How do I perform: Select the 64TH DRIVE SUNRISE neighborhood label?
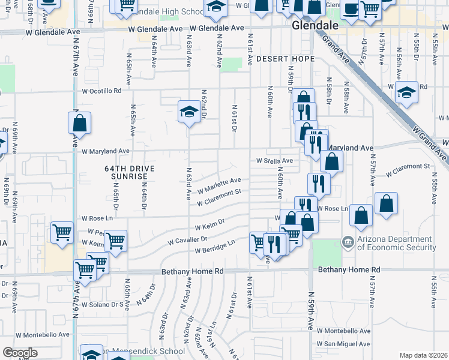129,173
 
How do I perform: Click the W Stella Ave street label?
274,161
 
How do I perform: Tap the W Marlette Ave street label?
219,184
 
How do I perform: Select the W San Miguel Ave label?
344,344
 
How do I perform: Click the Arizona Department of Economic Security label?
396,244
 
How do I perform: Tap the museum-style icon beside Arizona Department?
348,242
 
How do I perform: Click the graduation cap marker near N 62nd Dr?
189,112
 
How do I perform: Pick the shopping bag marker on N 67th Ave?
79,124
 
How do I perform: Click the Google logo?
20,353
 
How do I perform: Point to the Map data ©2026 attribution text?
424,355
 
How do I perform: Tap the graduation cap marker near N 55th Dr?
406,92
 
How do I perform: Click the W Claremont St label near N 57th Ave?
408,169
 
